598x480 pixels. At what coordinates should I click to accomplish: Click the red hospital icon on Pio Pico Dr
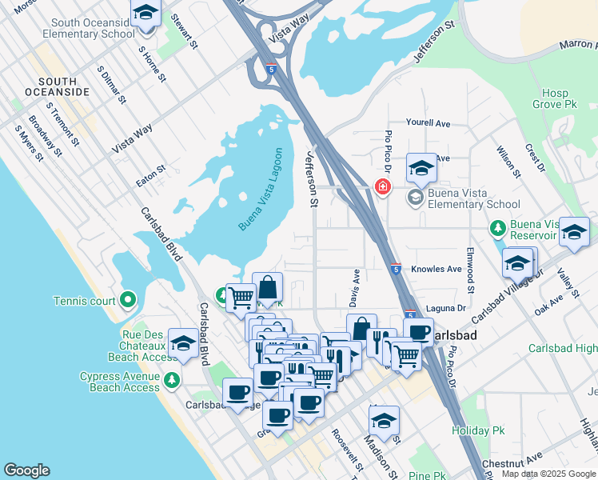coord(383,186)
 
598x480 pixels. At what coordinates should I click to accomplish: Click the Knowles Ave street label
coord(437,270)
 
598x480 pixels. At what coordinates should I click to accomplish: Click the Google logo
coord(26,470)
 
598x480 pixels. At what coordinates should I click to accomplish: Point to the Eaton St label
coord(150,176)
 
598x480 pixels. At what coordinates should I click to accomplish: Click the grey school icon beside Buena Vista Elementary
coord(415,197)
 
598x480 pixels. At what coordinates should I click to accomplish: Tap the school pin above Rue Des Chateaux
coord(183,342)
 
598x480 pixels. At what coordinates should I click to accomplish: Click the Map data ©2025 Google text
coord(548,474)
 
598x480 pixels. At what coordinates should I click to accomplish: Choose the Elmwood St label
coord(471,274)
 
